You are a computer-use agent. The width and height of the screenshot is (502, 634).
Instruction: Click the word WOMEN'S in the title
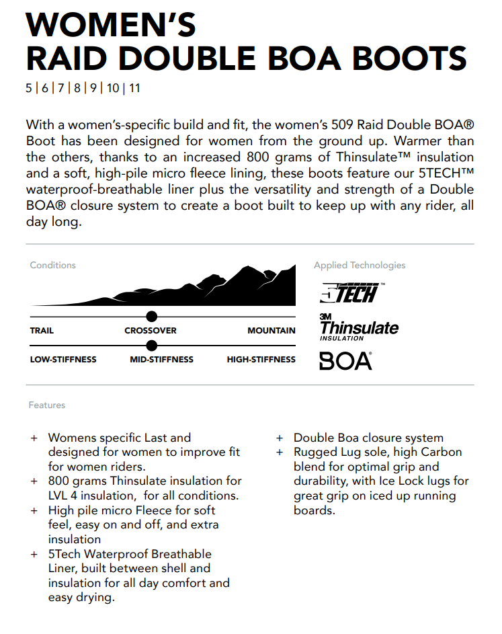pyautogui.click(x=111, y=25)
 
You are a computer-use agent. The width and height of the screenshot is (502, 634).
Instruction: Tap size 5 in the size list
pyautogui.click(x=29, y=88)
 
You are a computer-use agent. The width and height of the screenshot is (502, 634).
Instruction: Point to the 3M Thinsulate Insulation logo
pyautogui.click(x=358, y=327)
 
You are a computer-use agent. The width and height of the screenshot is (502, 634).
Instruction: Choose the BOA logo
pyautogui.click(x=345, y=361)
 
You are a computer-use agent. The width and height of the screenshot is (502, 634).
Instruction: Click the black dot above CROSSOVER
pyautogui.click(x=151, y=317)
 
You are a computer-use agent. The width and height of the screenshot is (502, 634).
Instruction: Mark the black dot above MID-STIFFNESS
pyautogui.click(x=151, y=346)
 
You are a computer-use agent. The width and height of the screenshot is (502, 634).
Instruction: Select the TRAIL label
pyautogui.click(x=42, y=331)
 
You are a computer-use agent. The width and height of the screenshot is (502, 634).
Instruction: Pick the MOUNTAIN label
pyautogui.click(x=271, y=331)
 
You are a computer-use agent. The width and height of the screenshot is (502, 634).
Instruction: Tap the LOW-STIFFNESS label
pyautogui.click(x=63, y=360)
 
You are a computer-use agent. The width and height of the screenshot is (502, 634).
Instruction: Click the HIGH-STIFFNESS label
pyautogui.click(x=261, y=360)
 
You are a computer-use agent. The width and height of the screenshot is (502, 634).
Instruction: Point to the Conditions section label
pyautogui.click(x=52, y=266)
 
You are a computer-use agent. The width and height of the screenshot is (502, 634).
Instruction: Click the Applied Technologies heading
pyautogui.click(x=360, y=266)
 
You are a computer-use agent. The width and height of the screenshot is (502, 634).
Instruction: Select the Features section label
pyautogui.click(x=47, y=405)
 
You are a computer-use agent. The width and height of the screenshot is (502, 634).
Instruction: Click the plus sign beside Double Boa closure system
pyautogui.click(x=280, y=438)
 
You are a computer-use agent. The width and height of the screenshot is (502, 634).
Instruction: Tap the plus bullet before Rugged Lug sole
pyautogui.click(x=280, y=452)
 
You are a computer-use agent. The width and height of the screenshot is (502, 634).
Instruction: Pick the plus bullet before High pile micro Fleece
pyautogui.click(x=34, y=511)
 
